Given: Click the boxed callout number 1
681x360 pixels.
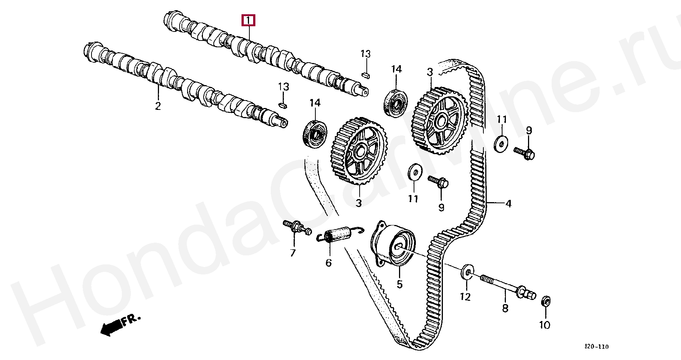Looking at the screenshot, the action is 248,20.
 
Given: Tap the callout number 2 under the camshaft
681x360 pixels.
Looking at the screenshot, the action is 158,106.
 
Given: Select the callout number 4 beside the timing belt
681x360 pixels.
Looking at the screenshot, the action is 508,204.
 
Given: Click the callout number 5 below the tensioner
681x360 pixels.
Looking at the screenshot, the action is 400,285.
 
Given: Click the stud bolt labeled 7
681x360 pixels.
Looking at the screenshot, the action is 297,228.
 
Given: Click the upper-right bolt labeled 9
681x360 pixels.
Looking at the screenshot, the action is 525,153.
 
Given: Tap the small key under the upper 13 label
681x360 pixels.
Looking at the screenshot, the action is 366,74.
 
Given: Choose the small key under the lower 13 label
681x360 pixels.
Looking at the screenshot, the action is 283,105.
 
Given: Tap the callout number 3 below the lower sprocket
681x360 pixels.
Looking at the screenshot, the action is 359,203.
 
